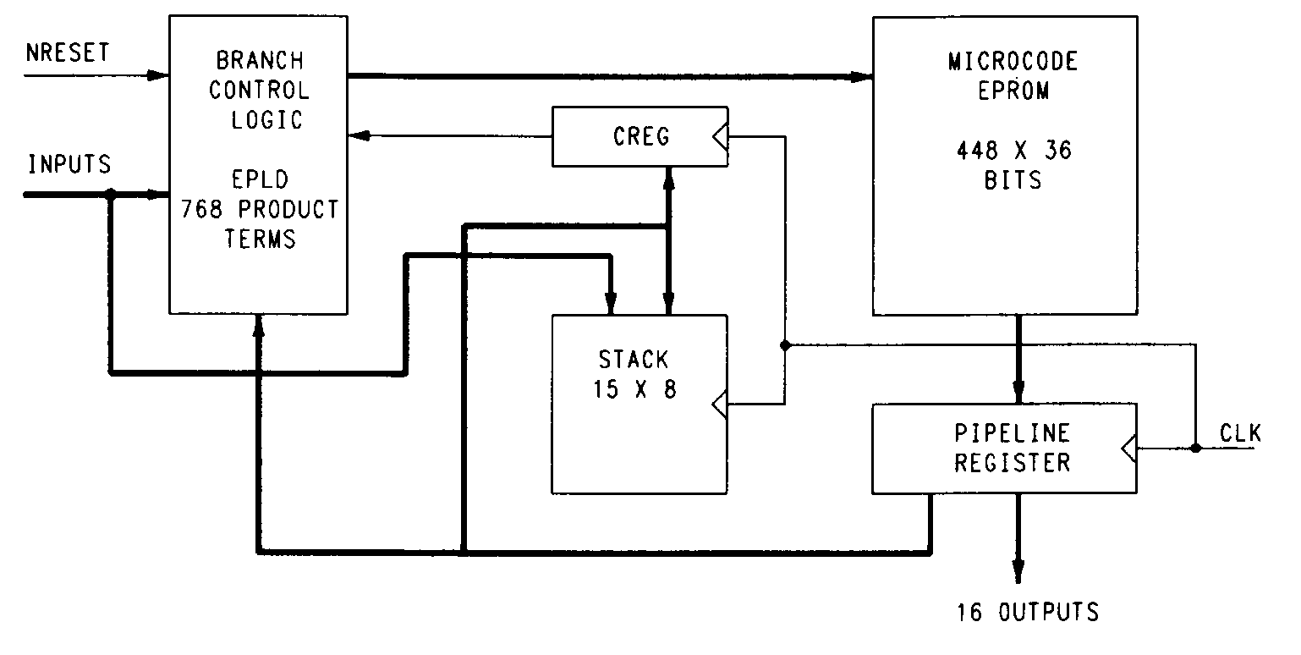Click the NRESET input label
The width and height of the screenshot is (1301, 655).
tap(68, 52)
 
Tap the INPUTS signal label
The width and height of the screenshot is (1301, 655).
tap(69, 164)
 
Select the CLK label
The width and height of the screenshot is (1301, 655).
tap(1240, 435)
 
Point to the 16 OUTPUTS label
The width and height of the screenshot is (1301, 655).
tap(1028, 612)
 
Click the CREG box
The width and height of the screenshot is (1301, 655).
tap(640, 136)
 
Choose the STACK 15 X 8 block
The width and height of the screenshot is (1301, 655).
tap(639, 404)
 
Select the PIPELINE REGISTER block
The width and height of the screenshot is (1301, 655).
tap(1004, 449)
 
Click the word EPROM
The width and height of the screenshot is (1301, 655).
tap(1013, 91)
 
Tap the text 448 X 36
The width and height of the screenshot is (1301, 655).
tap(1013, 151)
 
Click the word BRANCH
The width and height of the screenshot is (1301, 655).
tap(259, 61)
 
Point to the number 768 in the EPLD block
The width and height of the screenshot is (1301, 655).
tap(201, 209)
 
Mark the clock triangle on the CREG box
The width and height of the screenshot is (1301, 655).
tap(720, 137)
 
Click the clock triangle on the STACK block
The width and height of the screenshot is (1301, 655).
tap(720, 405)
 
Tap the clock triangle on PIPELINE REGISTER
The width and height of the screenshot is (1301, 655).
tap(1129, 448)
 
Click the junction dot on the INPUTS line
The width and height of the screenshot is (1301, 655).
tap(111, 195)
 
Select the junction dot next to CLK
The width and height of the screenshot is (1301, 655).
tap(1195, 448)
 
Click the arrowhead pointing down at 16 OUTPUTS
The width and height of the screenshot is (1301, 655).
tap(1018, 573)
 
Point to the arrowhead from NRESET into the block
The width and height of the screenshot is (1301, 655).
tap(159, 75)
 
